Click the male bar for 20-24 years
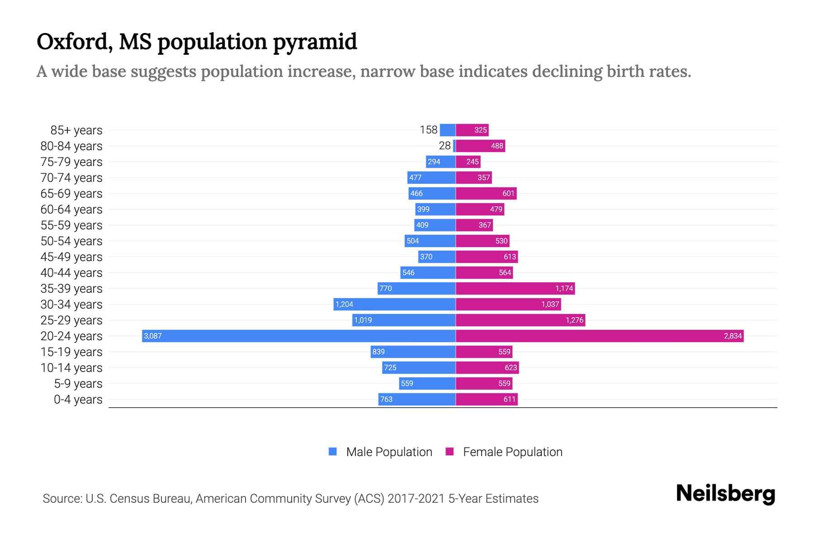point(298,336)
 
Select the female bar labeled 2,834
point(599,336)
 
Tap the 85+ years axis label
point(76,130)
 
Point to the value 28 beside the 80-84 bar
point(445,146)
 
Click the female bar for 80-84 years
point(480,146)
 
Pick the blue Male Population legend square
point(333,452)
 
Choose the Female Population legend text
point(512,452)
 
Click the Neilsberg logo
point(725,494)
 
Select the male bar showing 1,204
point(394,304)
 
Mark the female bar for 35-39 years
point(515,288)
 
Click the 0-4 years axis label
point(78,400)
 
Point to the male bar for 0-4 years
point(416,399)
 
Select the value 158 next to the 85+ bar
point(428,130)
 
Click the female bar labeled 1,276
point(520,320)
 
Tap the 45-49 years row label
point(71,257)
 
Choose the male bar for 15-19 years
point(413,352)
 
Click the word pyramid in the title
point(315,42)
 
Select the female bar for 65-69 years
point(486,193)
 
